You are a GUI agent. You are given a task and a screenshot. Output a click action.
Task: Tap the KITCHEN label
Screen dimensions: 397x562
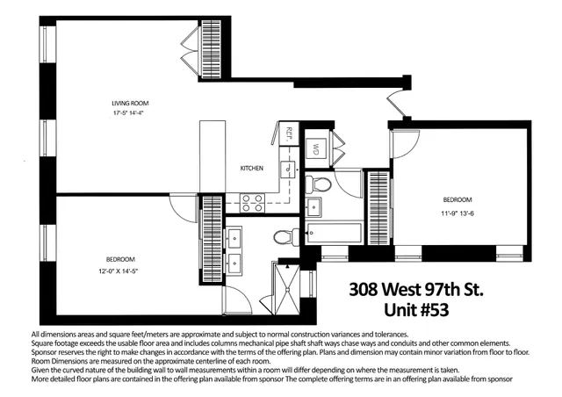pyautogui.click(x=252, y=168)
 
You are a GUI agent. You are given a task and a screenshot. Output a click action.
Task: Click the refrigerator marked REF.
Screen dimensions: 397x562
pyautogui.click(x=289, y=134)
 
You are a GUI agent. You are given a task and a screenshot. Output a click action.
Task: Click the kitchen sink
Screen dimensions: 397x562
pyautogui.click(x=286, y=170)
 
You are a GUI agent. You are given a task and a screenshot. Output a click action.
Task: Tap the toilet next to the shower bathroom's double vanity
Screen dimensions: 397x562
pyautogui.click(x=283, y=235)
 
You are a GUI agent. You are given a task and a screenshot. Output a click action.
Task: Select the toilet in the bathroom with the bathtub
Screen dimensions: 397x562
pyautogui.click(x=321, y=184)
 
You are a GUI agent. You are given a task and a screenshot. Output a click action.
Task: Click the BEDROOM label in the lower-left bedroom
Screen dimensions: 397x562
pyautogui.click(x=120, y=259)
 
